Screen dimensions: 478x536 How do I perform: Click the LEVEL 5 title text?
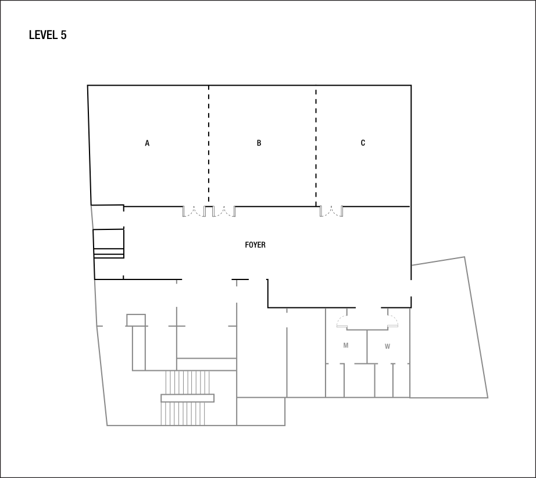click(x=48, y=36)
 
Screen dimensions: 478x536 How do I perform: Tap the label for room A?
click(x=147, y=143)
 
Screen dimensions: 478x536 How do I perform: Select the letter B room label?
click(x=259, y=143)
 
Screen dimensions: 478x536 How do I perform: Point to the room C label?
click(x=363, y=143)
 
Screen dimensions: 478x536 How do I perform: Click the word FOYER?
click(x=255, y=245)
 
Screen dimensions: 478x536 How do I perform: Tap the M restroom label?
click(x=346, y=345)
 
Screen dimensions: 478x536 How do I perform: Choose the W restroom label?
click(x=387, y=346)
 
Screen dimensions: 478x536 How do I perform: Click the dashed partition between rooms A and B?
click(x=209, y=146)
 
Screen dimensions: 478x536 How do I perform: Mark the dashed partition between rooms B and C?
click(x=316, y=146)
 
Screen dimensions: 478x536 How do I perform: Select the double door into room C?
click(x=331, y=211)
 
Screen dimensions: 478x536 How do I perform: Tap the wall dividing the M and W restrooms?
click(x=367, y=346)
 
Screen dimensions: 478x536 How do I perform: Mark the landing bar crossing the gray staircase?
click(x=188, y=398)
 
